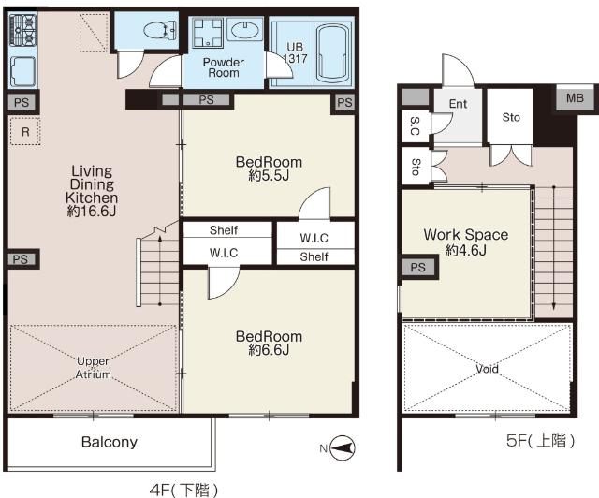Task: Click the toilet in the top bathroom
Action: pos(160,30)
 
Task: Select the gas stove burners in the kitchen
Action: pos(22,29)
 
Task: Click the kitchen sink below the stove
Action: pos(22,71)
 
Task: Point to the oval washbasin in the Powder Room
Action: pos(245,30)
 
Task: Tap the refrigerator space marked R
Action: pos(25,132)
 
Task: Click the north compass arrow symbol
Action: pos(343,447)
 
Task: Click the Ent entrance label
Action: pos(458,104)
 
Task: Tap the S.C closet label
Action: pos(415,126)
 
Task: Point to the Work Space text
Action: pos(466,234)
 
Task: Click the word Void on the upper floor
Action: pos(487,369)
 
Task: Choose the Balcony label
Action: pos(110,442)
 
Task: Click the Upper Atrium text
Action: pos(94,368)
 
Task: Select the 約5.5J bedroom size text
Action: pos(269,176)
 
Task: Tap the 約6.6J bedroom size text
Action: pos(269,350)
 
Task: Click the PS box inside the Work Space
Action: pos(418,267)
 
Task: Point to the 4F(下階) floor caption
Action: pos(184,490)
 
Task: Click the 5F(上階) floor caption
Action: pos(540,441)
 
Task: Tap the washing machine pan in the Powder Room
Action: pos(207,32)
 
